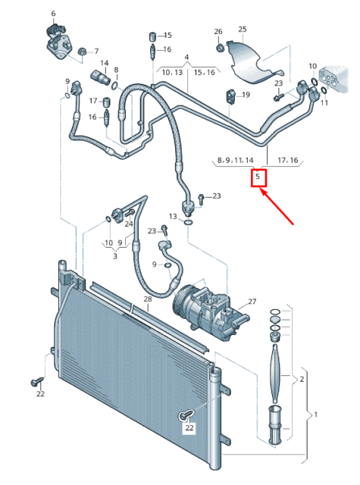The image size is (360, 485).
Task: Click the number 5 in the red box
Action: click(258, 177)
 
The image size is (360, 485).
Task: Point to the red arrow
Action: click(277, 206)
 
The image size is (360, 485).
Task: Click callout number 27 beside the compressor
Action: click(252, 302)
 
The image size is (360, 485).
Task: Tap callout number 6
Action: click(53, 14)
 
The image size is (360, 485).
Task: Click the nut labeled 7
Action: click(82, 52)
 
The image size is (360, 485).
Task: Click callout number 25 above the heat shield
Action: click(243, 29)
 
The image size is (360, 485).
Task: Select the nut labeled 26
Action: click(219, 48)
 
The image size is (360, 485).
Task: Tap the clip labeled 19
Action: click(230, 95)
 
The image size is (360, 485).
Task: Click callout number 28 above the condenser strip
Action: click(148, 299)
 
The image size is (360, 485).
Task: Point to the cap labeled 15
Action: click(152, 36)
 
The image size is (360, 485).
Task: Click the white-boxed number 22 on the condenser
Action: click(189, 427)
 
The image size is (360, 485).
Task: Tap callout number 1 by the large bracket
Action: click(316, 415)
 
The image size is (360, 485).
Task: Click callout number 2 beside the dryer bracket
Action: click(302, 379)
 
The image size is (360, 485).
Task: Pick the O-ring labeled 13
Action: click(188, 222)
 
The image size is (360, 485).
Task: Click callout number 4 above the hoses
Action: click(186, 58)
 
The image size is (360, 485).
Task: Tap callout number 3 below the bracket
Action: click(115, 256)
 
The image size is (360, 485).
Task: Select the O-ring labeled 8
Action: click(115, 85)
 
